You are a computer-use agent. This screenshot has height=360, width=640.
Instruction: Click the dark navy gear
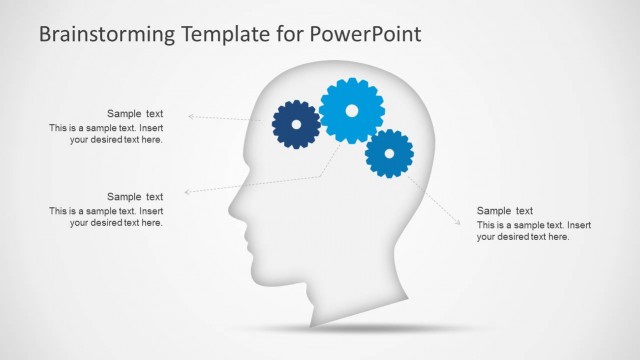point(296,124)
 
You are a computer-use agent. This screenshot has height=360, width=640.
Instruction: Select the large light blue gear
point(351,110)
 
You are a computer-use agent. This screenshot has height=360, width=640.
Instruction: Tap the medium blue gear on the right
point(389,153)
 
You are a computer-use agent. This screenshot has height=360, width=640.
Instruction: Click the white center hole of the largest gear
point(351,110)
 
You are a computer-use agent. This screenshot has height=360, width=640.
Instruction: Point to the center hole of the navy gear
point(296,124)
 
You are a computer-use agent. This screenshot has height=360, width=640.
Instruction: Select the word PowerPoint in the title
point(367,34)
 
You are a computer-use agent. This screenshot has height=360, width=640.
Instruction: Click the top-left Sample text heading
point(135,114)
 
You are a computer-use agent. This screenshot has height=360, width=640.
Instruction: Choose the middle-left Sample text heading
point(135,197)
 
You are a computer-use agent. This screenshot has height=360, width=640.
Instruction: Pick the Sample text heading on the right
point(505,211)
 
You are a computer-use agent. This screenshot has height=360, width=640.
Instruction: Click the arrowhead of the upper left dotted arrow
point(190,117)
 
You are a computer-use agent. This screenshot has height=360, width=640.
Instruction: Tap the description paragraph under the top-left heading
point(106,134)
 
